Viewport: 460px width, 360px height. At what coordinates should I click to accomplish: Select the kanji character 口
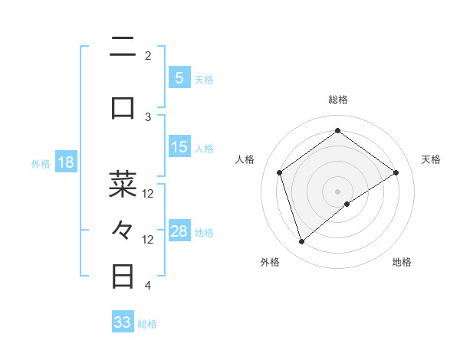[x=123, y=108]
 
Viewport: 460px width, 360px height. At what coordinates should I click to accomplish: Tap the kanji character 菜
[x=123, y=183]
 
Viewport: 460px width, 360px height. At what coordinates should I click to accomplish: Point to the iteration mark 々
[x=123, y=229]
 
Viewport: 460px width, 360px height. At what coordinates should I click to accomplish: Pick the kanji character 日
[x=123, y=275]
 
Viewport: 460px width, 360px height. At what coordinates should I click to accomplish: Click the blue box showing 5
[x=179, y=78]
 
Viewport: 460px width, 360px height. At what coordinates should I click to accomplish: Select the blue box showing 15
[x=179, y=148]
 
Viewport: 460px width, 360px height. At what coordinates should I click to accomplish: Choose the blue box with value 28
[x=179, y=232]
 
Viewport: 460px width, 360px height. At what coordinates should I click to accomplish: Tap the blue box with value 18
[x=65, y=163]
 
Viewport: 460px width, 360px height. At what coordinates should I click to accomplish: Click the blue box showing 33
[x=123, y=322]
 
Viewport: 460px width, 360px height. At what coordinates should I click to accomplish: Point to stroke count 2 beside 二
[x=148, y=55]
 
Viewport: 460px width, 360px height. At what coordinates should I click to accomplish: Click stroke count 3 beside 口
[x=148, y=116]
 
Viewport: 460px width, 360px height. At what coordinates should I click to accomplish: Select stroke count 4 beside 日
[x=148, y=286]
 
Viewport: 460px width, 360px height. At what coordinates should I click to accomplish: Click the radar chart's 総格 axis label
[x=337, y=100]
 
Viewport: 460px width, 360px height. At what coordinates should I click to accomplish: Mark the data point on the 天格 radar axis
[x=396, y=172]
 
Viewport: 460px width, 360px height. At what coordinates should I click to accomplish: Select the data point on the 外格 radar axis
[x=302, y=242]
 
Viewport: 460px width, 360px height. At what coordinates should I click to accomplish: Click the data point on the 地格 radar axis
[x=347, y=204]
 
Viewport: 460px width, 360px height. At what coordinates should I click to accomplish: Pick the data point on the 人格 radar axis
[x=280, y=172]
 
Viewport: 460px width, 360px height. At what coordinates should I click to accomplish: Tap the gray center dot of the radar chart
[x=337, y=191]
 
